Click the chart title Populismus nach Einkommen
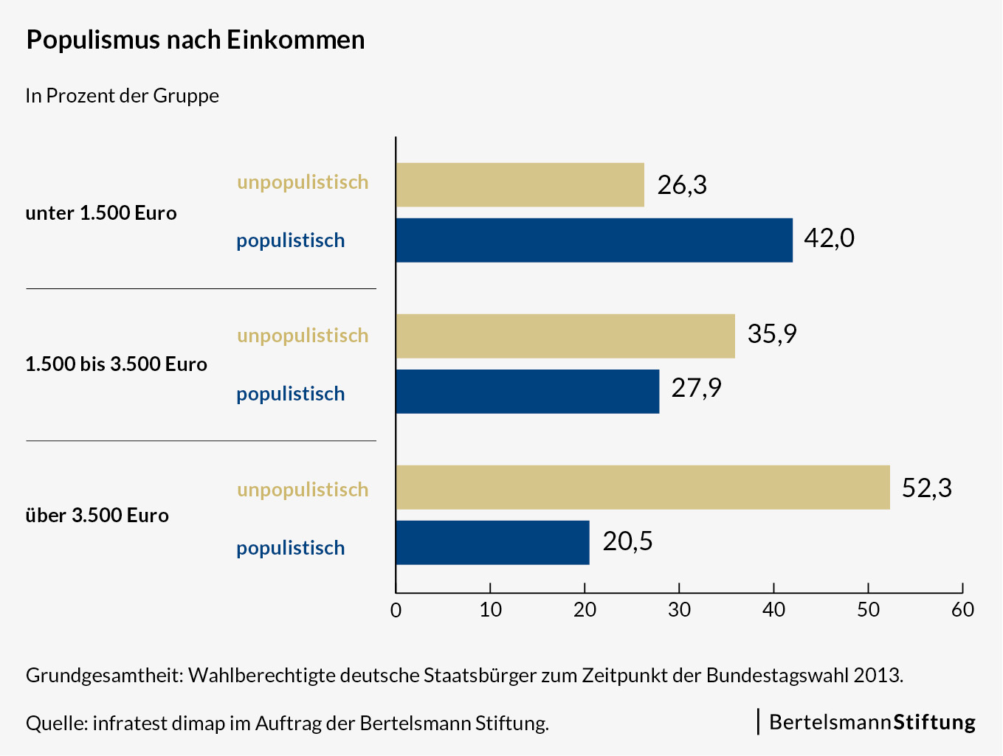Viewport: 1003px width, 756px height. coord(196,40)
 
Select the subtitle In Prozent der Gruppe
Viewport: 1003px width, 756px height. coord(123,96)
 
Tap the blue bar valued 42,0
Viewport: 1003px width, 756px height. coord(594,240)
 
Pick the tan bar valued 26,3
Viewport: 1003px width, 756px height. coord(520,185)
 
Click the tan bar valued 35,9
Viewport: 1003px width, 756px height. coord(565,336)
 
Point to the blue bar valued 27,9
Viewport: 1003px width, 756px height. coord(527,392)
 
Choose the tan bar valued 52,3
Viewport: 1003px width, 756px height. coord(643,488)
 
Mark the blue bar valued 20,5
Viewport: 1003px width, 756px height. coord(492,543)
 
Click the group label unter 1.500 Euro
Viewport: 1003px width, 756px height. coord(101,213)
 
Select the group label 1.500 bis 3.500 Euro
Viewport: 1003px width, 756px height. coord(116,364)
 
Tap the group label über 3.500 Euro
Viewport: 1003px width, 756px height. coord(97,516)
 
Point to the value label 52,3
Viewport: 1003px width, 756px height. coord(927,488)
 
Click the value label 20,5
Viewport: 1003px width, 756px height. coord(627,541)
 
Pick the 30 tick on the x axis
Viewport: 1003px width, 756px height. coord(679,610)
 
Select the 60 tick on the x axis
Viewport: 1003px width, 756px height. coord(962,610)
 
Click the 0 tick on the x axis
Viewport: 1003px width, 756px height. coord(396,610)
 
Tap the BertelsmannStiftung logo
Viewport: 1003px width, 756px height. coord(872,722)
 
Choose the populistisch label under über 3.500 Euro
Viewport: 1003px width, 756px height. coord(291,548)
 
